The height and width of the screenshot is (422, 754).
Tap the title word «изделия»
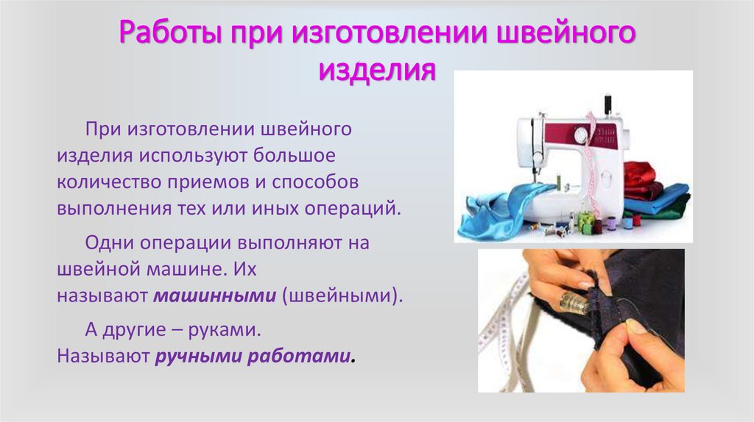[376, 71]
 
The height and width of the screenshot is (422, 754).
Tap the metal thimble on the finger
[575, 300]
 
